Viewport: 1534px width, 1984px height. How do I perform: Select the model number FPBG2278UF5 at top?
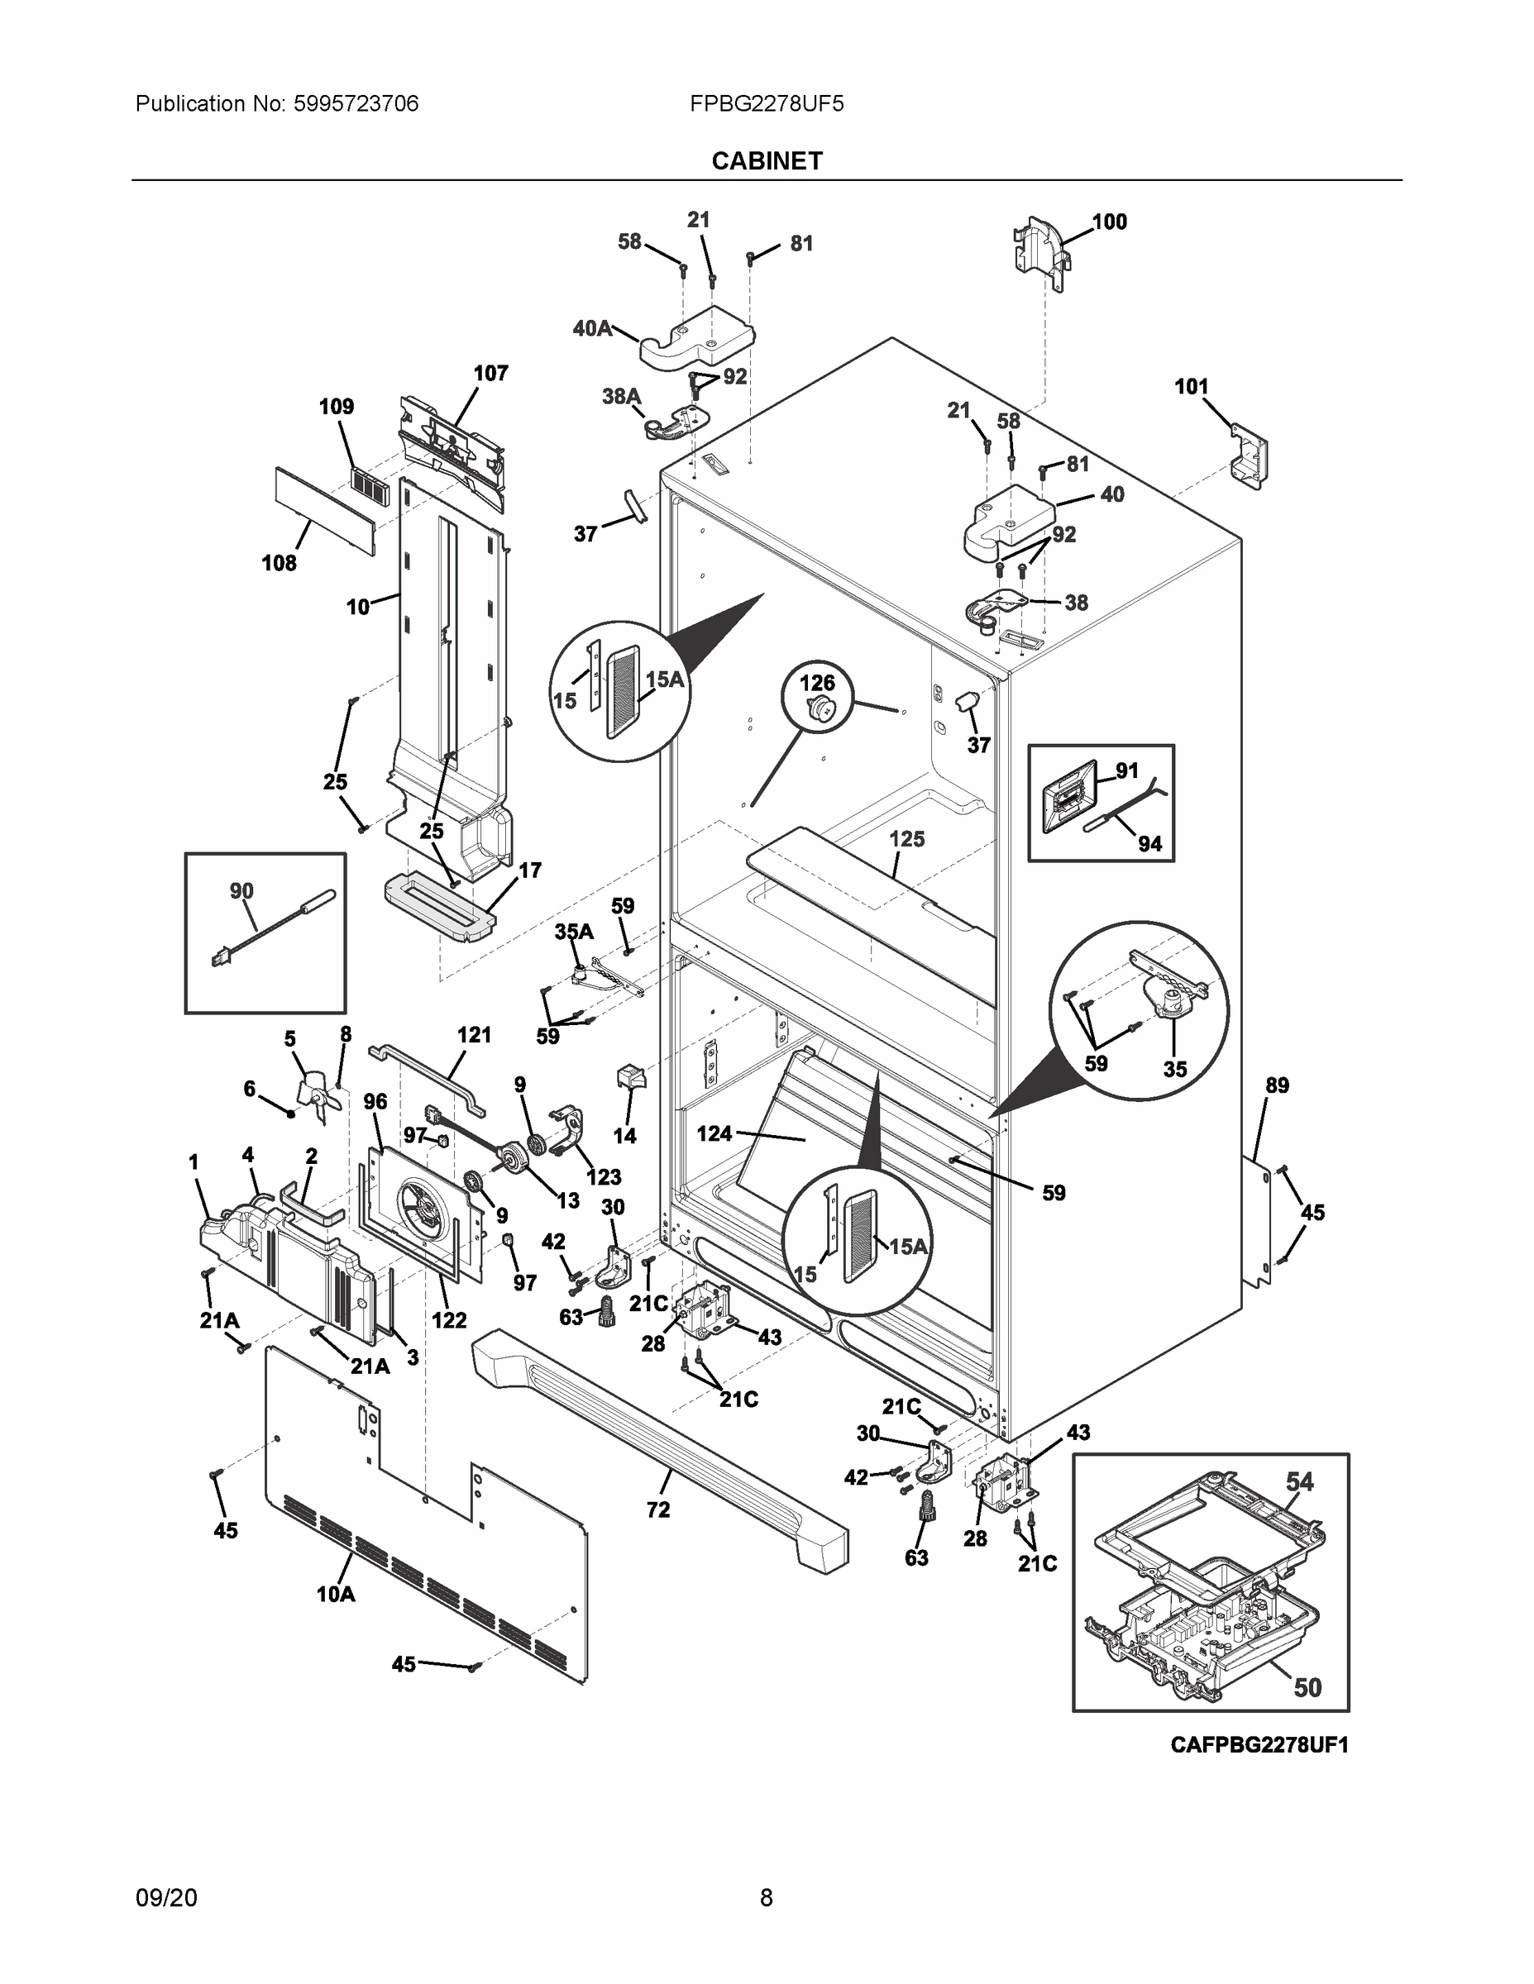(766, 103)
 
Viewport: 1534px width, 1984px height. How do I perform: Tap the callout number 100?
(1109, 222)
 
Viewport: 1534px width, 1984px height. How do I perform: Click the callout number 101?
(1192, 387)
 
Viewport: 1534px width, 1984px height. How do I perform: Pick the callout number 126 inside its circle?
(817, 683)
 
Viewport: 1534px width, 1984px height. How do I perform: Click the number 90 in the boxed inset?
(241, 891)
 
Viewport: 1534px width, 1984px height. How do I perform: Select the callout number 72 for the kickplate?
(658, 1509)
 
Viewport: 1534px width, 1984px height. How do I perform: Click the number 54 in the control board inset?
(1299, 1481)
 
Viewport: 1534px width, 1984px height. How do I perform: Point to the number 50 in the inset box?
(1307, 1687)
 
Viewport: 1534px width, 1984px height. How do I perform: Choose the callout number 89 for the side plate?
(1277, 1085)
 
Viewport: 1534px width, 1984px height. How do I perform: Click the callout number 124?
(714, 1133)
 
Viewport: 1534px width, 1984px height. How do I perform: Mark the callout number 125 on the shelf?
(906, 838)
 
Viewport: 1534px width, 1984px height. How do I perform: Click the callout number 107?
(490, 373)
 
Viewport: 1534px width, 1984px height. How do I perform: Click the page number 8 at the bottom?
(766, 1897)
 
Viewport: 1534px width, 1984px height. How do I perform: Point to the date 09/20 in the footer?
(166, 1897)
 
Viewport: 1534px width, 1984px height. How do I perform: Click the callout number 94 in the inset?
(1149, 844)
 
